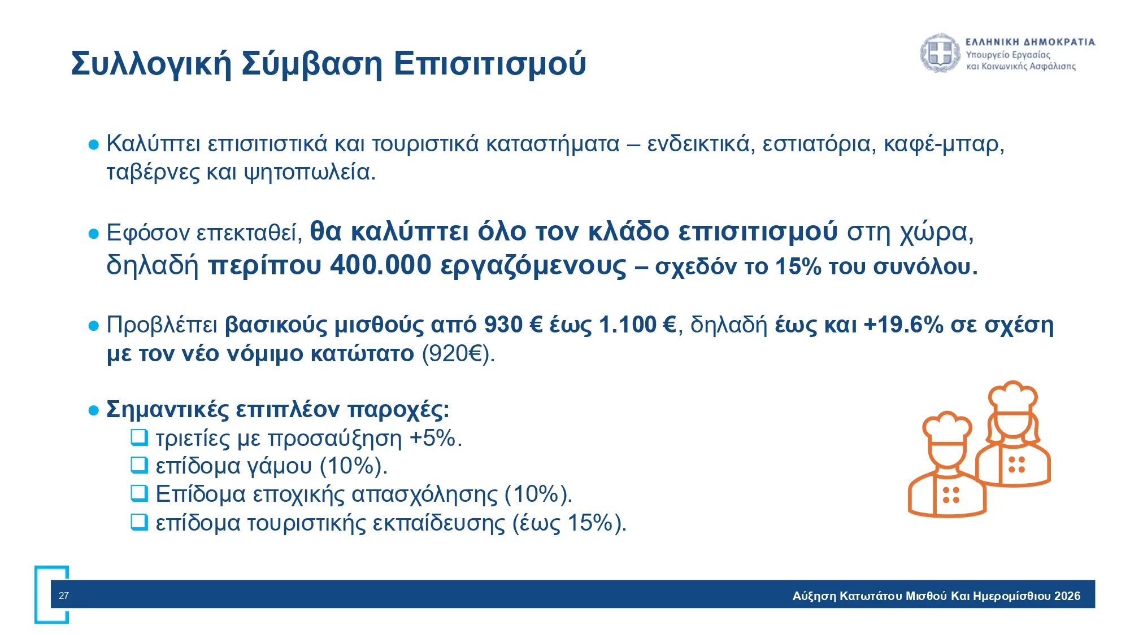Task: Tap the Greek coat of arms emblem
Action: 940,54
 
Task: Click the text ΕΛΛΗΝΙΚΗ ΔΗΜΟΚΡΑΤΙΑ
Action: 1031,42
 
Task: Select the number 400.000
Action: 381,265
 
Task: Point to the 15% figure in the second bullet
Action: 798,266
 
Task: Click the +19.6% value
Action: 904,325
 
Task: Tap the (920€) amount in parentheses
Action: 458,354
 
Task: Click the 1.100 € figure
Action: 637,325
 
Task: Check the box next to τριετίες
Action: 139,437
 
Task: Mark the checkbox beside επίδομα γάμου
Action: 139,465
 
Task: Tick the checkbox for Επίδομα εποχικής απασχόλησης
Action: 139,493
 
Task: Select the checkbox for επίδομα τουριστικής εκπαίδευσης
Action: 139,522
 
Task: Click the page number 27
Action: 64,595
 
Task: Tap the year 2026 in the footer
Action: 1067,596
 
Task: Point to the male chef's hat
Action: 947,428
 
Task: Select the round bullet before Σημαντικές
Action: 94,410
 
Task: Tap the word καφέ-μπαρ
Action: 944,144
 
